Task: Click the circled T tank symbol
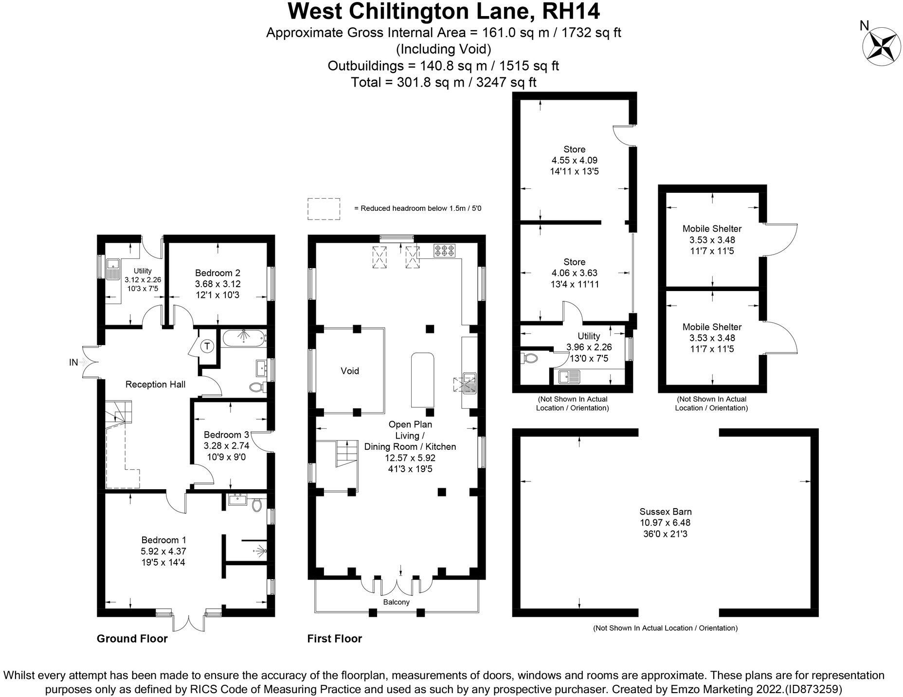coord(207,346)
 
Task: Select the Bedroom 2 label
coord(217,273)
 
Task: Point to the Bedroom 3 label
coord(226,435)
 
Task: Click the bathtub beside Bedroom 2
coord(243,337)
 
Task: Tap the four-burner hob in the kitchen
coord(445,251)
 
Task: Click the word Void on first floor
coord(349,371)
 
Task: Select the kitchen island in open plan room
coord(423,380)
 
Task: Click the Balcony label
coord(396,602)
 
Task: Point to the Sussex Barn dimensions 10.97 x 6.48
coord(665,523)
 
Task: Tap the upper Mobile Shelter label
coord(712,229)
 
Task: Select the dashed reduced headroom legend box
coord(324,208)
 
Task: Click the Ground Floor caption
coord(132,639)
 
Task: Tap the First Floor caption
coord(334,639)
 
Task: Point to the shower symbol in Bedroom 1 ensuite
coord(259,551)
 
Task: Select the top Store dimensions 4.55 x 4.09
coord(574,160)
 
